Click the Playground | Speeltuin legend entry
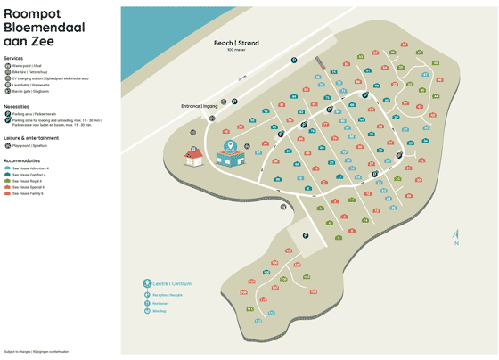pos(32,145)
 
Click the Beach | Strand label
pos(235,42)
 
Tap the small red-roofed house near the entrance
pos(195,158)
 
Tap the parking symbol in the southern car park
pos(305,236)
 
